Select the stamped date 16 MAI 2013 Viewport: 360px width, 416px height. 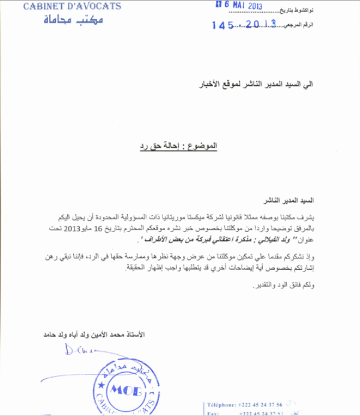239,5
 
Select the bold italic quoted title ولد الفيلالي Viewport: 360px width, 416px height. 207,240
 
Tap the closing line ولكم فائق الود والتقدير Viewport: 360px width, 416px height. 280,285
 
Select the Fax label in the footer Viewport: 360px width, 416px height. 212,413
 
